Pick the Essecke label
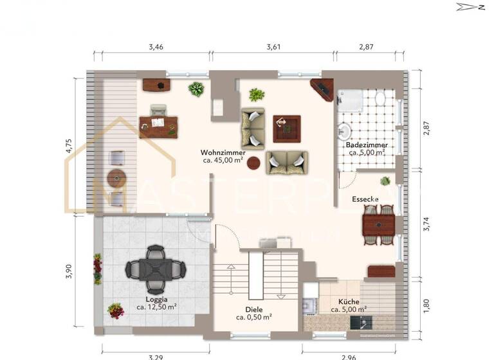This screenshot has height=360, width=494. coord(365,199)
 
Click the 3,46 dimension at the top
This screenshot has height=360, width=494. coord(156,47)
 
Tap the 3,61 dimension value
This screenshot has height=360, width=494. coord(275,47)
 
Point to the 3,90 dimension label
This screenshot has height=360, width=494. coord(69,271)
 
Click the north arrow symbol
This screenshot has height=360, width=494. coord(470,7)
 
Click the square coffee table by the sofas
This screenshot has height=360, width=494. coord(286,128)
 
